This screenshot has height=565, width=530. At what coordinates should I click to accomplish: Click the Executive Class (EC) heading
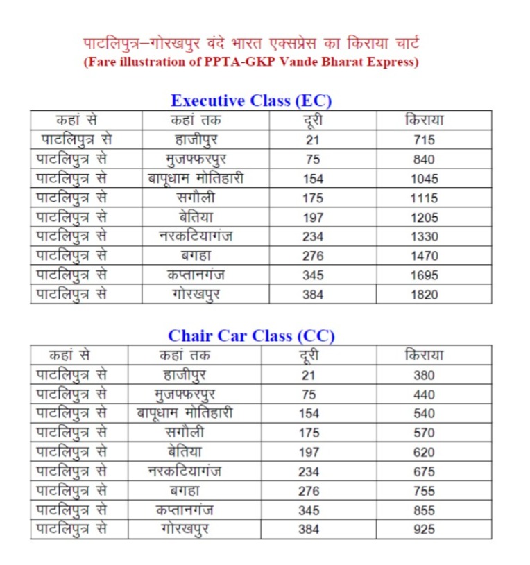[251, 101]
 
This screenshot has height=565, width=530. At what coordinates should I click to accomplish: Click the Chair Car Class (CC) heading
[251, 336]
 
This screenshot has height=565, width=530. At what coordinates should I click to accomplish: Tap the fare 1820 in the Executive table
[424, 295]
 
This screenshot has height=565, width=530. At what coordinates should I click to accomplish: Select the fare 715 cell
[424, 140]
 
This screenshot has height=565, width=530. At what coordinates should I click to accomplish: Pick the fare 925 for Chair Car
[424, 530]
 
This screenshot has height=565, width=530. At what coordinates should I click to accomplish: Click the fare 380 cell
[424, 376]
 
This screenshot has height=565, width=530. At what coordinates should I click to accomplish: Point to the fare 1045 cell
[424, 179]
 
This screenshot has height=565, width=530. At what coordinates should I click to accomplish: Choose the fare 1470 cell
[424, 256]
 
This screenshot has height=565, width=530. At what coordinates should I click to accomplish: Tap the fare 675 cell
[424, 472]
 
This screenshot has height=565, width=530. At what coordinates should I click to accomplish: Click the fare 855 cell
[424, 511]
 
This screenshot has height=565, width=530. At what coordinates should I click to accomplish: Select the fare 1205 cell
[424, 218]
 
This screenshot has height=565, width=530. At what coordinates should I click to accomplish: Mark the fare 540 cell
[424, 415]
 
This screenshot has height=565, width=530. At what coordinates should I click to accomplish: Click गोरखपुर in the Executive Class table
[196, 294]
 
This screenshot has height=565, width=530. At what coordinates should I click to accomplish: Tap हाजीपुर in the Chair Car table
[185, 376]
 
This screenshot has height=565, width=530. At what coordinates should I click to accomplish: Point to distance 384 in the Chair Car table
[309, 530]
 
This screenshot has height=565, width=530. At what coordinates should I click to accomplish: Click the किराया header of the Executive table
[424, 120]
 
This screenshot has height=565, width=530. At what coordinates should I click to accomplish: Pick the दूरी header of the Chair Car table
[309, 356]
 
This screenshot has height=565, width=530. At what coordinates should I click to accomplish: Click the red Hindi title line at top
[250, 45]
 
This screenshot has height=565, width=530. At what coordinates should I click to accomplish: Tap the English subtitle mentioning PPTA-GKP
[250, 63]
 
